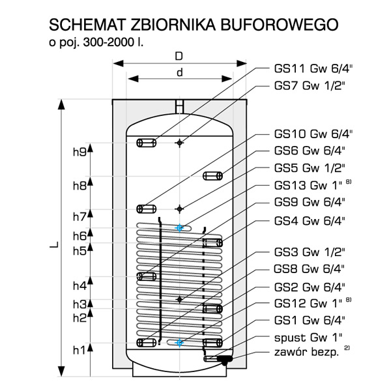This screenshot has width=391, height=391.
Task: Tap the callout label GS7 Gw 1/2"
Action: (310, 85)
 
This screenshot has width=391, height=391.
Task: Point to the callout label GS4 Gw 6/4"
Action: (310, 220)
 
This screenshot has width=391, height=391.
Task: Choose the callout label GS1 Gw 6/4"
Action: (310, 320)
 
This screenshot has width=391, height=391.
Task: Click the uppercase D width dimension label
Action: (179, 55)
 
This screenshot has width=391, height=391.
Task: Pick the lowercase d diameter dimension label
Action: (179, 72)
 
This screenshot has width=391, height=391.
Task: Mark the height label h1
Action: (79, 351)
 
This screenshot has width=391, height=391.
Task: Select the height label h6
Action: (79, 235)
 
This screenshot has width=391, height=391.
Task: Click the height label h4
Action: (79, 285)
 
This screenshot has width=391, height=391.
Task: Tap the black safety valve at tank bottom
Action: (225, 358)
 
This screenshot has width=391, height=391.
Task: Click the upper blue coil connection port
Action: (180, 227)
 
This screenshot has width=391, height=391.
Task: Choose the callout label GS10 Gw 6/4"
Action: (313, 135)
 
